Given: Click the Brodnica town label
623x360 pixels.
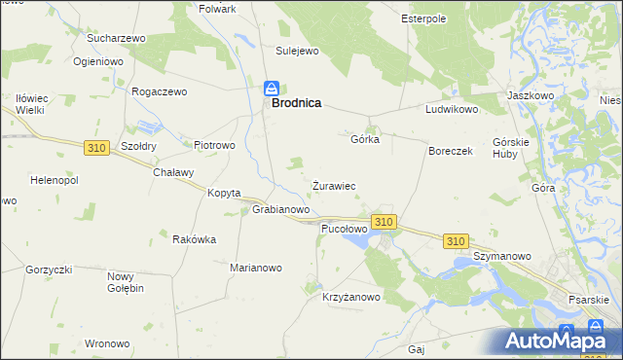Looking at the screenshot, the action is pos(297,101).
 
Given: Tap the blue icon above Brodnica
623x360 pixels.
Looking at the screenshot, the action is pos(274,88).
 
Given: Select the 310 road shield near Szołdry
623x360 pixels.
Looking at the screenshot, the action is pos(95,148).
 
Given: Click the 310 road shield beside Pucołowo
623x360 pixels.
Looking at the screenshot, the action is pos(384,223).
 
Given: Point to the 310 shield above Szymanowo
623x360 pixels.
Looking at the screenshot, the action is pos(455,240).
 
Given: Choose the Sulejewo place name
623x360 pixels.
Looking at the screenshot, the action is pos(298,51).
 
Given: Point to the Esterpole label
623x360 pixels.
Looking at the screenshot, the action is pos(423,18).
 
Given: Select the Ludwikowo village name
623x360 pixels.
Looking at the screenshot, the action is pos(452,110).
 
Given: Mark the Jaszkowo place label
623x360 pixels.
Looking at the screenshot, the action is pos(531,96).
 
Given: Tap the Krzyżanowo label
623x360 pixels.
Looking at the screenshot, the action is pos(350,298).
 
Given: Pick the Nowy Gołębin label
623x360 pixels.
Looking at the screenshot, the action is pos(126,282).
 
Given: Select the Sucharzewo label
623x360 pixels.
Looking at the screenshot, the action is pos(116,38).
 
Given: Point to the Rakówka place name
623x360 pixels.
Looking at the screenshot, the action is pos(194,239).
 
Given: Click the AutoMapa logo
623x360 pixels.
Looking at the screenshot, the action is pos(560,341).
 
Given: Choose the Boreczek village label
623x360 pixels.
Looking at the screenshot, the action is pos(451,152).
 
